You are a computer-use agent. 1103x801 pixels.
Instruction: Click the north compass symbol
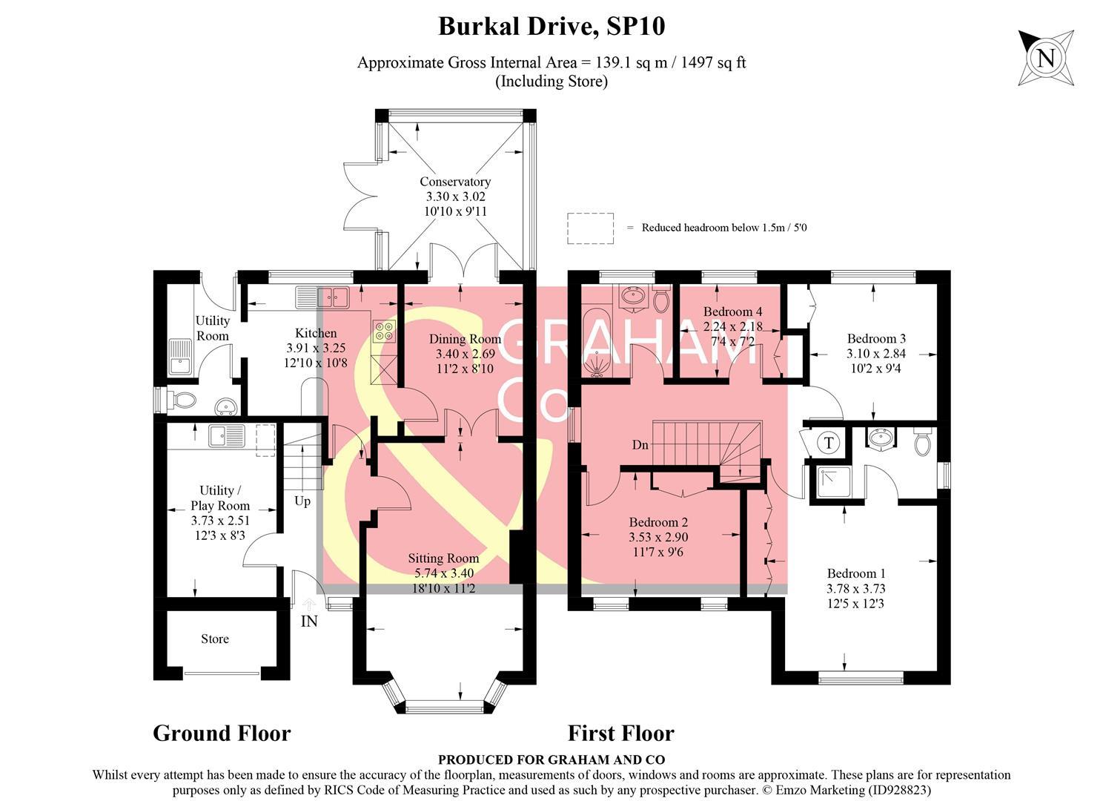coord(1045,58)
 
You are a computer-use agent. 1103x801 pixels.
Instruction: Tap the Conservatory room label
coord(455,182)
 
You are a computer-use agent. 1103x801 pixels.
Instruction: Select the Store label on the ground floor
coord(215,639)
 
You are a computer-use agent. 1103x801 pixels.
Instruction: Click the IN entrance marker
coord(309,622)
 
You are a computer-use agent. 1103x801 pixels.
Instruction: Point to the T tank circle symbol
coord(829,444)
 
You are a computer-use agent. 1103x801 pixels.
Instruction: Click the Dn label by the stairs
coord(640,445)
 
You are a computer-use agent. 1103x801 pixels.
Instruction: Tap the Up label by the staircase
coord(302,501)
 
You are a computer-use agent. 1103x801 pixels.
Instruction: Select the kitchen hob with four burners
coord(383,331)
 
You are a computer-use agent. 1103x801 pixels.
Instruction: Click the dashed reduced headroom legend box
coord(591,228)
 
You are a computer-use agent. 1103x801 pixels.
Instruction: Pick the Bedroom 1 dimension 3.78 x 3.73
coord(856,589)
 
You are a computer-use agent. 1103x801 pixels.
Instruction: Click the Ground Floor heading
coord(222,734)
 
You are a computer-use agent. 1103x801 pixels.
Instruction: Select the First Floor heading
coord(620,734)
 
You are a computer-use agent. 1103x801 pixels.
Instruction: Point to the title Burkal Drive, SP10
coord(551,27)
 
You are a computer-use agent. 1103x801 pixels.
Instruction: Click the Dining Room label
coord(465,339)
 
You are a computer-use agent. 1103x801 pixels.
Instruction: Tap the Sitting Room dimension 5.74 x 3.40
coord(444,573)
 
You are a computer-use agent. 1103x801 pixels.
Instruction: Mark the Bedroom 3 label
coord(876,339)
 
